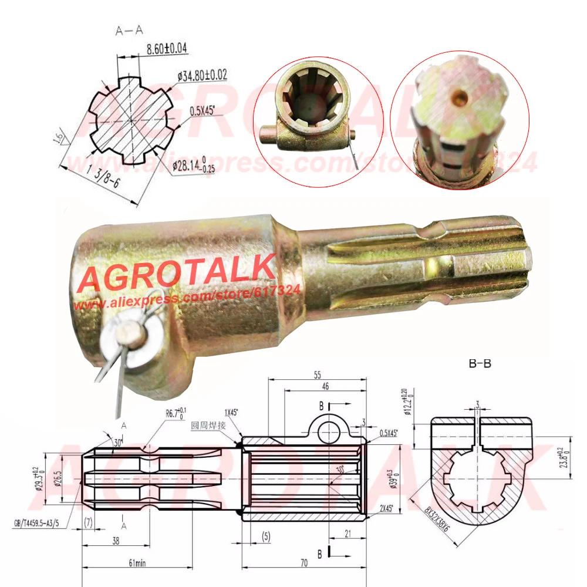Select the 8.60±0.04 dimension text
163,49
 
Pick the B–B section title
480,363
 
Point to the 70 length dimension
304,562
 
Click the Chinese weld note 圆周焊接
207,424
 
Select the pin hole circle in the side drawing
330,433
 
